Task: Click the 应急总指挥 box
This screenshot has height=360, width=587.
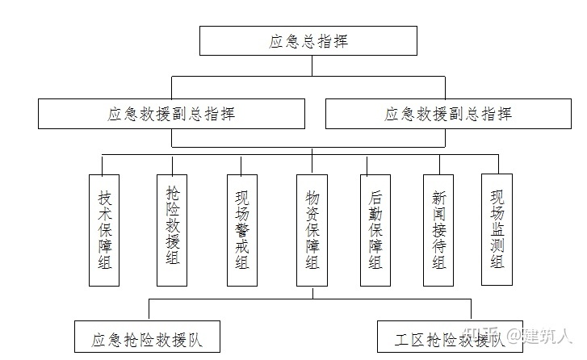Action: coord(308,40)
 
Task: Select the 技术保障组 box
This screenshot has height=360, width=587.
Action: coord(104,229)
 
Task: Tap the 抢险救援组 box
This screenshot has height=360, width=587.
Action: coord(172,229)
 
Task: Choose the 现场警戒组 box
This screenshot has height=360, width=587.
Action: coord(241,229)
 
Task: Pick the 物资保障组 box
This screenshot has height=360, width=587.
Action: coord(311,229)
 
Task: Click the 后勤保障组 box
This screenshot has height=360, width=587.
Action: coord(375,229)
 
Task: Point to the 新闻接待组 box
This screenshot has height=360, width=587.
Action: coord(438,229)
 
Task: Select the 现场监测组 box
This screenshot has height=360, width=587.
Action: coord(497,229)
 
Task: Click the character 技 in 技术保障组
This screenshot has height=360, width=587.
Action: coord(104,197)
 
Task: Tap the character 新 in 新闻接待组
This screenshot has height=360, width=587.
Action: coord(438,197)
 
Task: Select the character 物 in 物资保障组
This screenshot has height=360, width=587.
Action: coord(312,197)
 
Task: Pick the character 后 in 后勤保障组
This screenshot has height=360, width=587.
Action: coord(375,197)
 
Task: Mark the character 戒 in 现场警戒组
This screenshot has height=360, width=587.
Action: coord(241,246)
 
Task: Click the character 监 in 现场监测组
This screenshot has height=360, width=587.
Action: coord(497,228)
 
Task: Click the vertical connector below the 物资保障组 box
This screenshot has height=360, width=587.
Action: coord(311,291)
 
